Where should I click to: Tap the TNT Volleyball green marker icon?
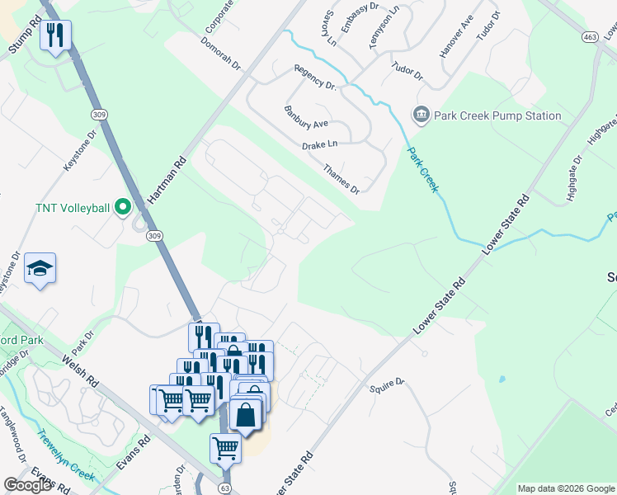pyautogui.click(x=124, y=206)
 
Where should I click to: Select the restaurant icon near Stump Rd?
pyautogui.click(x=55, y=35)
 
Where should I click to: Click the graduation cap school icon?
pyautogui.click(x=40, y=269)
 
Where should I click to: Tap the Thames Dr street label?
pyautogui.click(x=341, y=177)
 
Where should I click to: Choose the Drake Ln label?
pyautogui.click(x=320, y=144)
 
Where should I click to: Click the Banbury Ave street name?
pyautogui.click(x=306, y=118)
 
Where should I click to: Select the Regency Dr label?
pyautogui.click(x=314, y=79)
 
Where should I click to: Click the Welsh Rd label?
pyautogui.click(x=80, y=372)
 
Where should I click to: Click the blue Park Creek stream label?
pyautogui.click(x=422, y=170)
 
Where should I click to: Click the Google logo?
pyautogui.click(x=26, y=485)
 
